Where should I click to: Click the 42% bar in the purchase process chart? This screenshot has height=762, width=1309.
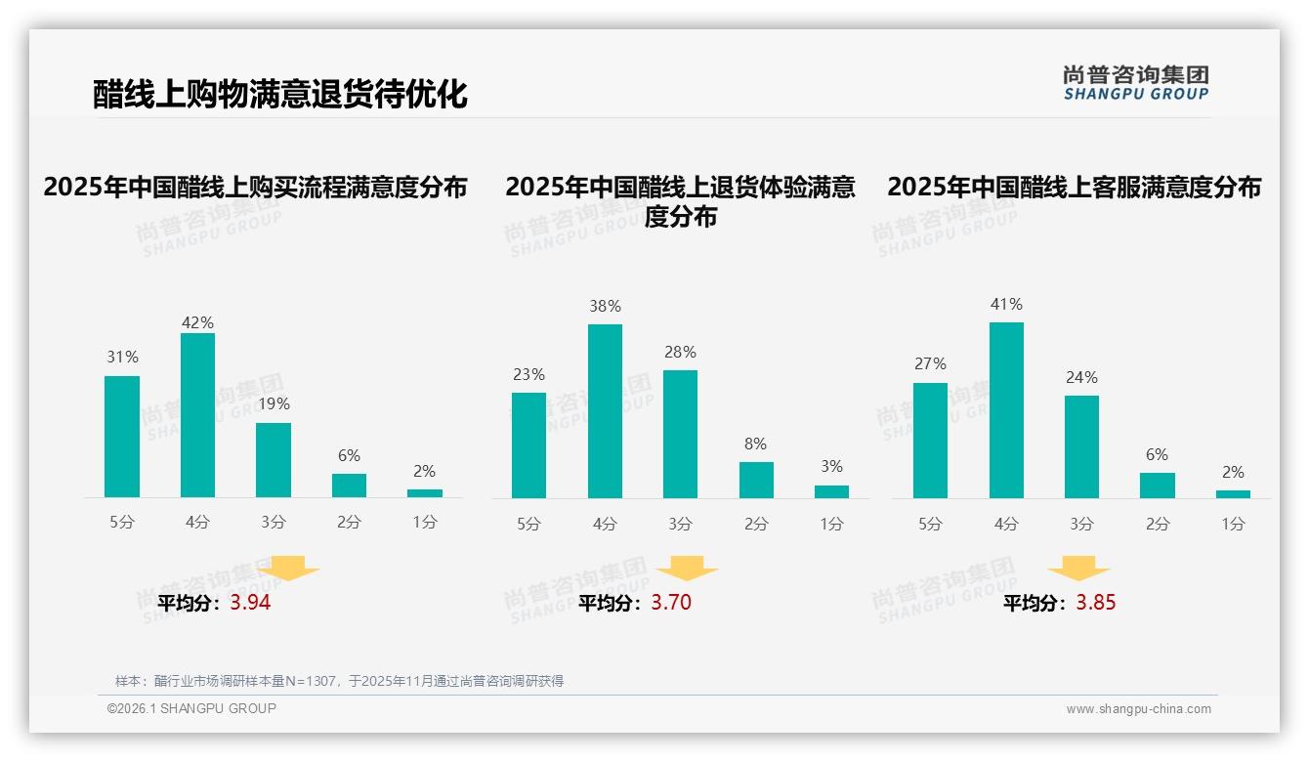pyautogui.click(x=197, y=415)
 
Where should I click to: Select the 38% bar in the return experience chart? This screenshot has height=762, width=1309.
pyautogui.click(x=605, y=411)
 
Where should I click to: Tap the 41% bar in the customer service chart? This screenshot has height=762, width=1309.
pyautogui.click(x=1006, y=410)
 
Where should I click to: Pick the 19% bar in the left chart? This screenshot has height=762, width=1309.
pyautogui.click(x=274, y=460)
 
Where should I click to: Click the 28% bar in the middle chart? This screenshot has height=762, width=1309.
pyautogui.click(x=680, y=434)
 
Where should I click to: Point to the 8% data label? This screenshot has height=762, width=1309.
pyautogui.click(x=755, y=444)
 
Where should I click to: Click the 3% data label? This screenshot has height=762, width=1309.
pyautogui.click(x=831, y=467)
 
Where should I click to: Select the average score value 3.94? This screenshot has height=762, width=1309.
pyautogui.click(x=250, y=603)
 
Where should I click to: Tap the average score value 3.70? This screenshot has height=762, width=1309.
pyautogui.click(x=671, y=603)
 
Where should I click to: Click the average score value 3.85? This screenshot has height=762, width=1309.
pyautogui.click(x=1095, y=603)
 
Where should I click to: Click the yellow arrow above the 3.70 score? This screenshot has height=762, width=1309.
pyautogui.click(x=687, y=568)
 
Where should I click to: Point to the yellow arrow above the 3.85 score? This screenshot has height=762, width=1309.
pyautogui.click(x=1078, y=568)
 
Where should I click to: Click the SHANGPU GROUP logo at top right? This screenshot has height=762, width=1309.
pyautogui.click(x=1135, y=83)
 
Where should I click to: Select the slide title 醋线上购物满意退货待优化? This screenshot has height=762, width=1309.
pyautogui.click(x=280, y=94)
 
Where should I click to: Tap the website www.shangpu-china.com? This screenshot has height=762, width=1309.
pyautogui.click(x=1138, y=709)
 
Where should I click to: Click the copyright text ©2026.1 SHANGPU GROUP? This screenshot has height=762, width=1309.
pyautogui.click(x=191, y=708)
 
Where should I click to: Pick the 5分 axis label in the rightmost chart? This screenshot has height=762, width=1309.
pyautogui.click(x=930, y=525)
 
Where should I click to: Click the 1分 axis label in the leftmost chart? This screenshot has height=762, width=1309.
pyautogui.click(x=425, y=523)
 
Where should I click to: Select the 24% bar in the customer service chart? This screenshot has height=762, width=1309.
pyautogui.click(x=1081, y=446)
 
